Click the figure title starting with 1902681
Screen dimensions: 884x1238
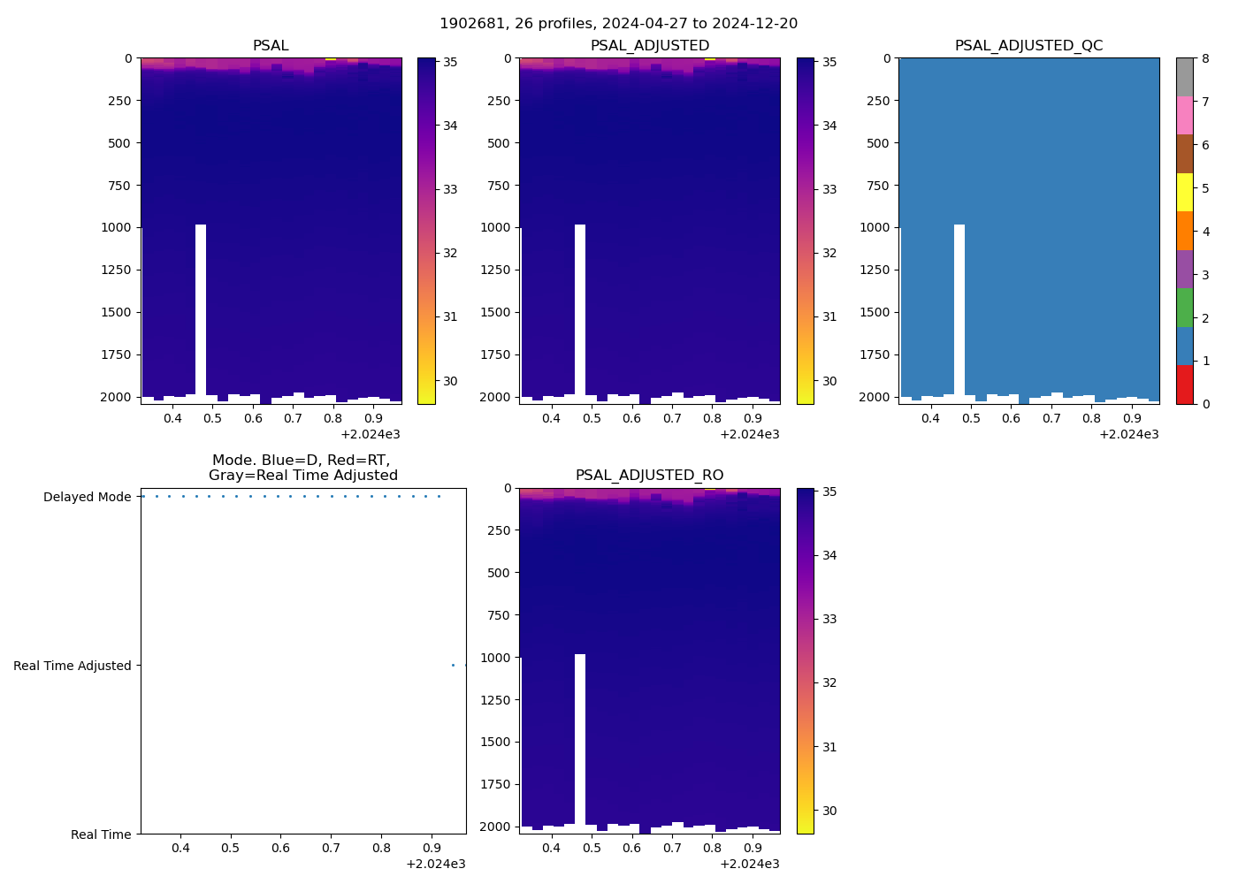(618, 24)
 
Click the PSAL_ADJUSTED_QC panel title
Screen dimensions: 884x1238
(1028, 46)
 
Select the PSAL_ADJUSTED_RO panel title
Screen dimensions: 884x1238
(649, 476)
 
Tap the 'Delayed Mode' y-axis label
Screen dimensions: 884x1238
(87, 497)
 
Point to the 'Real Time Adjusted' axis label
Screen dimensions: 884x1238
(73, 666)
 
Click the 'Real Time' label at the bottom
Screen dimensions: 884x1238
(101, 834)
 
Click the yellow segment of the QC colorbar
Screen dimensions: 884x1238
(1184, 193)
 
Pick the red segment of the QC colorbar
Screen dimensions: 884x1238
(1184, 385)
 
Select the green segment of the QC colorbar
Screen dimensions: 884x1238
(1184, 308)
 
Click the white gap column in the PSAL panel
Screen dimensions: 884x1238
(201, 309)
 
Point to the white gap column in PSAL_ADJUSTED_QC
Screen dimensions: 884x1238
(959, 309)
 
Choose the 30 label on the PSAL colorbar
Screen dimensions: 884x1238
(449, 381)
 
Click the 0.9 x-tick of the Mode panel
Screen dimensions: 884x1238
(432, 849)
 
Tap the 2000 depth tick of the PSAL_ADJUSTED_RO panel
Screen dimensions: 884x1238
(496, 827)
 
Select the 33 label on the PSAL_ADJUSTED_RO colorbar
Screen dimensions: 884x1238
(829, 619)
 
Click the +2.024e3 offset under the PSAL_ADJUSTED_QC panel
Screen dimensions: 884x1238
(1128, 434)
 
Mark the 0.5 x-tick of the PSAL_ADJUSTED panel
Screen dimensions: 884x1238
(592, 418)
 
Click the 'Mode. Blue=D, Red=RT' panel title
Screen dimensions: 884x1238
(302, 468)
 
